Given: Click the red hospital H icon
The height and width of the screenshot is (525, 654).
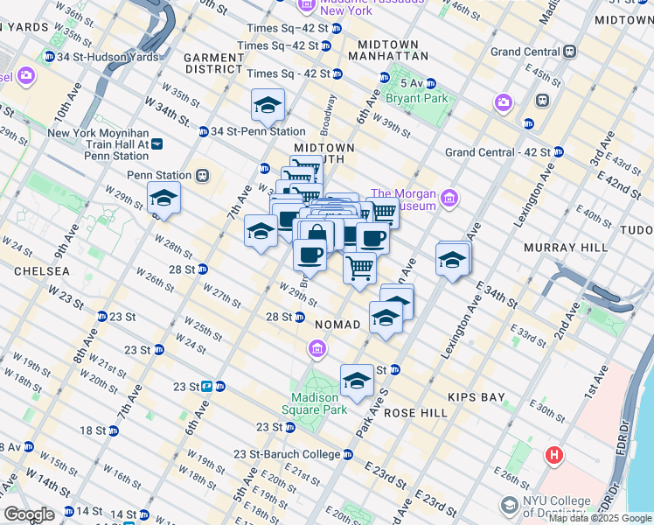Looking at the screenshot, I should point(553,456).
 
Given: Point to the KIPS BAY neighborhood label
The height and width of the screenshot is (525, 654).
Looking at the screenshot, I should point(477,397).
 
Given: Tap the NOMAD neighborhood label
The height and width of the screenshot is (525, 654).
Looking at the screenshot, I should point(337,325).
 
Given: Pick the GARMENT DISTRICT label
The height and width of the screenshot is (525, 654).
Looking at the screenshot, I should point(213,62).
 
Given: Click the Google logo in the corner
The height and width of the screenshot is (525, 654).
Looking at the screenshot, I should point(29,514).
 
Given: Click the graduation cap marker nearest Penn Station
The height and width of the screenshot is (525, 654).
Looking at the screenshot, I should point(163,199).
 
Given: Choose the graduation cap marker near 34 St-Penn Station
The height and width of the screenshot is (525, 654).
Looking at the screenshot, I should point(268,107).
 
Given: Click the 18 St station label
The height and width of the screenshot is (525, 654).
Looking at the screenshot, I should point(93,430).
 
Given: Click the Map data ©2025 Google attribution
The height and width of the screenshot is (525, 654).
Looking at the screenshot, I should point(599,518).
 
